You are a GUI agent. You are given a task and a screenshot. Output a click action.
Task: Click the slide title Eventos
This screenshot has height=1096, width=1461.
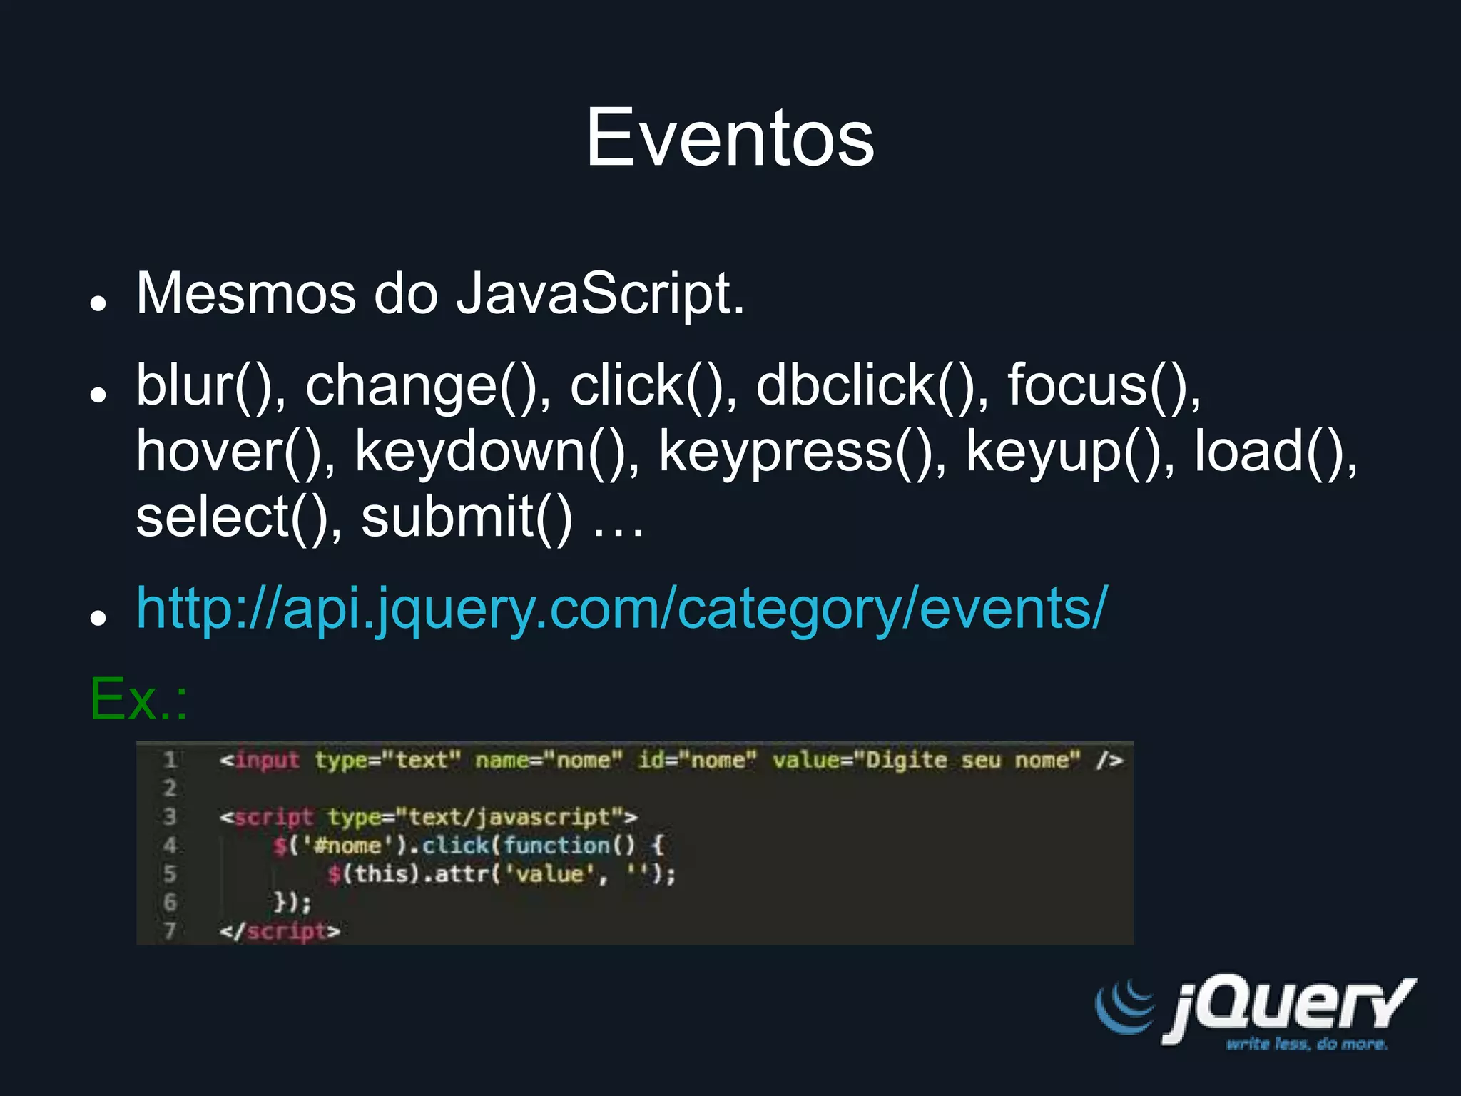click(730, 138)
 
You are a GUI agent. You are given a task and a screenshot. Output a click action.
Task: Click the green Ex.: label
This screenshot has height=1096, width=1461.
click(138, 699)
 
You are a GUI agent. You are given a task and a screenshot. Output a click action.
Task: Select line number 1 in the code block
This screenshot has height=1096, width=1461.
click(170, 761)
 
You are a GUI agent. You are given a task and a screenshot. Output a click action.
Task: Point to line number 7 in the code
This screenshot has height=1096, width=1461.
click(170, 931)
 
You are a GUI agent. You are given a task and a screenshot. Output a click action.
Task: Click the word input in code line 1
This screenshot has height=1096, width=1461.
click(267, 761)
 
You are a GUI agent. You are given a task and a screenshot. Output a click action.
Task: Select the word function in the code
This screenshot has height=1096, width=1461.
click(557, 846)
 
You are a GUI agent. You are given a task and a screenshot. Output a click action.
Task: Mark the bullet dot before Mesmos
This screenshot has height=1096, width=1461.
click(98, 303)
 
